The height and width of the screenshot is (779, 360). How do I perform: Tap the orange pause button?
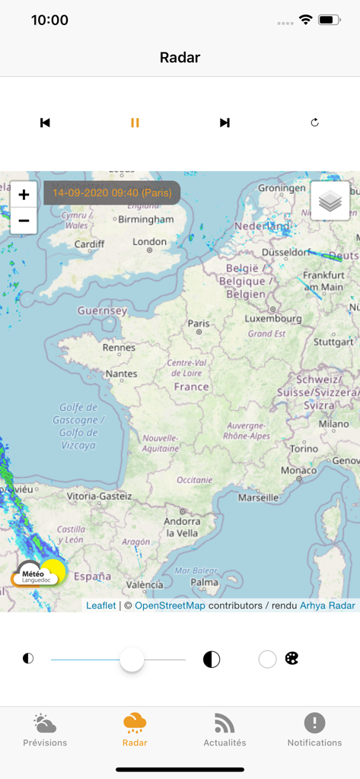coord(135,122)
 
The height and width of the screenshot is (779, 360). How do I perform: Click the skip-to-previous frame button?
coord(45,122)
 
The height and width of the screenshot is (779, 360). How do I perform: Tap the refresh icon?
coord(314,122)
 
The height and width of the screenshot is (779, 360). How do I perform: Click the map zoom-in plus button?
coord(24,195)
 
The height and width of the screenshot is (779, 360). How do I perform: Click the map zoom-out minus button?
coord(24,221)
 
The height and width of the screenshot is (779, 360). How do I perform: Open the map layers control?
coord(330,200)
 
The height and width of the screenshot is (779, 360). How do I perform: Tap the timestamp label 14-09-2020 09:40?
coord(112,192)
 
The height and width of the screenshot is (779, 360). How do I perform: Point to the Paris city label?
coord(199,323)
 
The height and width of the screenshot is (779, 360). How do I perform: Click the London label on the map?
coord(149,242)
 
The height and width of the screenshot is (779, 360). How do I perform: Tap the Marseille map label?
coord(258,498)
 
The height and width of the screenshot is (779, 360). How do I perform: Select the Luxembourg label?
coord(273,319)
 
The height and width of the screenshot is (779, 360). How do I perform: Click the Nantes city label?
coord(121,374)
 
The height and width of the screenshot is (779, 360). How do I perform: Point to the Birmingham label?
coord(147,219)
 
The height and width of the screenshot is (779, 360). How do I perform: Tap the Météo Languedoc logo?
coord(39,574)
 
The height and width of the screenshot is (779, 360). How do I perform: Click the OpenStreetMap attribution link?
coord(170,606)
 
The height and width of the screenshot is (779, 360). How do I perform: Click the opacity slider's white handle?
coord(132,659)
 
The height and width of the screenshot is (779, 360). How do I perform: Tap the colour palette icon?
coord(292,659)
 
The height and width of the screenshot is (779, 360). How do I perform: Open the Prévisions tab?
coord(45,730)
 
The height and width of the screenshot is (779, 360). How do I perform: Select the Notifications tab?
coord(314,730)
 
